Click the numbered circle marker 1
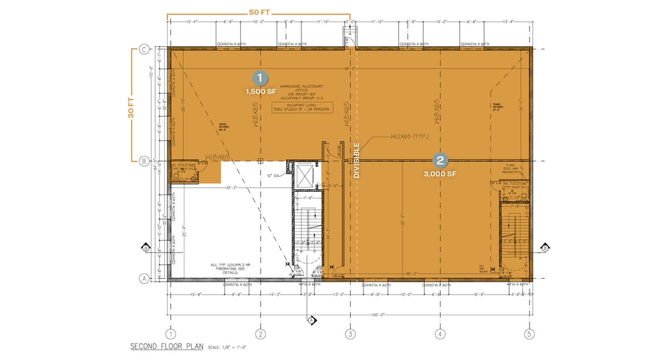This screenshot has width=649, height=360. point(261,78)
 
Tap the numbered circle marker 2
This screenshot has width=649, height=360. point(440,160)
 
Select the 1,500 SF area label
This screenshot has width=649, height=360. point(261,92)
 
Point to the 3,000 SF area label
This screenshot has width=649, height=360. point(440,174)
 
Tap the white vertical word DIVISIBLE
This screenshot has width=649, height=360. point(356,160)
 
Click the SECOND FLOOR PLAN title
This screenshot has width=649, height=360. point(167,346)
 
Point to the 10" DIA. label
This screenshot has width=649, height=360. point(274,175)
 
